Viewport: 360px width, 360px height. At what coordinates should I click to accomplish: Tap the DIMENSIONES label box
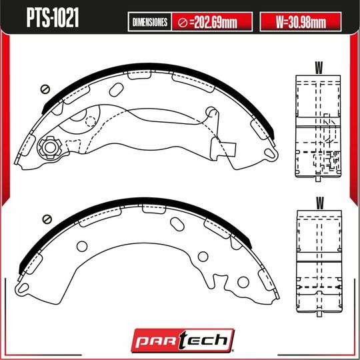coord(149,22)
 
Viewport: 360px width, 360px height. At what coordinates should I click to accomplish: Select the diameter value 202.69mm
coord(212,22)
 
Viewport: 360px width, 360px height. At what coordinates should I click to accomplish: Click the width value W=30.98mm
coord(301,22)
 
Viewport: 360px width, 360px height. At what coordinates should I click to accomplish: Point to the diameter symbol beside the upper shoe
coord(46,89)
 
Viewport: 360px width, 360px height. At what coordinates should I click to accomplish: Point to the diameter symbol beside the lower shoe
coord(46,218)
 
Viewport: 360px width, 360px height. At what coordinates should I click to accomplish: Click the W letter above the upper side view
coord(319,67)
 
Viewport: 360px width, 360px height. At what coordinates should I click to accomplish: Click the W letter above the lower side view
coord(319,201)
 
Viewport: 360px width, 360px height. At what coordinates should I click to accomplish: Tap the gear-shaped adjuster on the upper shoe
coord(49,147)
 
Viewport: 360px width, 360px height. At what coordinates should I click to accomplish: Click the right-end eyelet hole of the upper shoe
coord(269,154)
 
